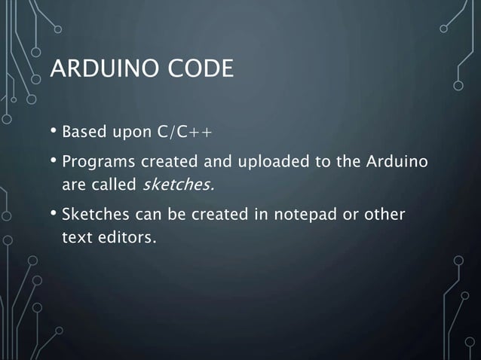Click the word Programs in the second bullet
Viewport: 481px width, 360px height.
(x=95, y=162)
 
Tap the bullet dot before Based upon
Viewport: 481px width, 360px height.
(x=54, y=134)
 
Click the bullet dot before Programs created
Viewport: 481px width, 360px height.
(x=54, y=161)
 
